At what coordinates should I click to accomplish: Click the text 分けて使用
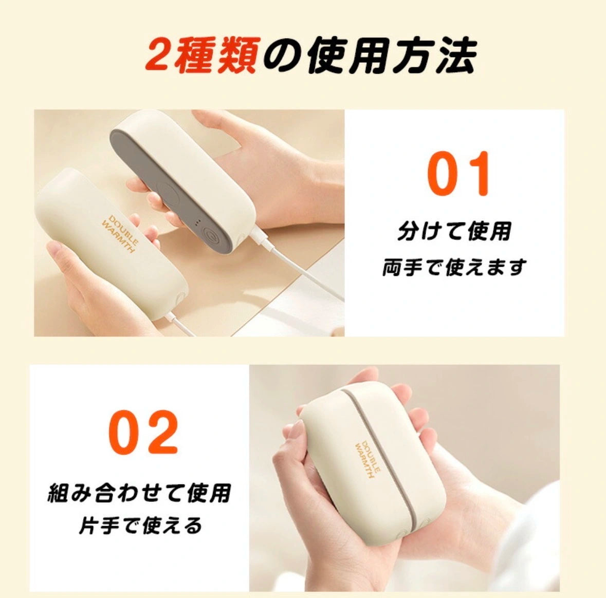point(454,231)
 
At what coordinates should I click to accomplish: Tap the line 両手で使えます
point(454,267)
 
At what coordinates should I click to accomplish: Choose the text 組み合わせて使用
point(139,493)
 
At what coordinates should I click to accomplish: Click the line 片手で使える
point(140,526)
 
